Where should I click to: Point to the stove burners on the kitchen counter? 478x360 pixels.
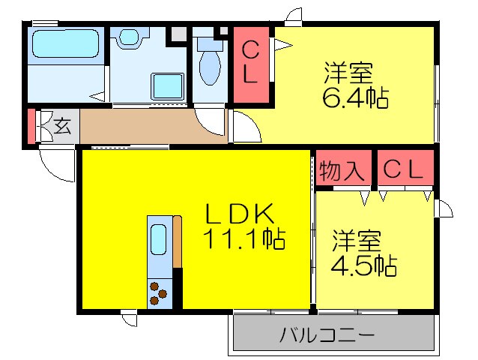[159, 292]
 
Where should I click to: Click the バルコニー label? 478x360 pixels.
[327, 334]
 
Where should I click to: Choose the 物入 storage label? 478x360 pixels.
[342, 170]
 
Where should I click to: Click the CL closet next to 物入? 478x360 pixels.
[405, 170]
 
